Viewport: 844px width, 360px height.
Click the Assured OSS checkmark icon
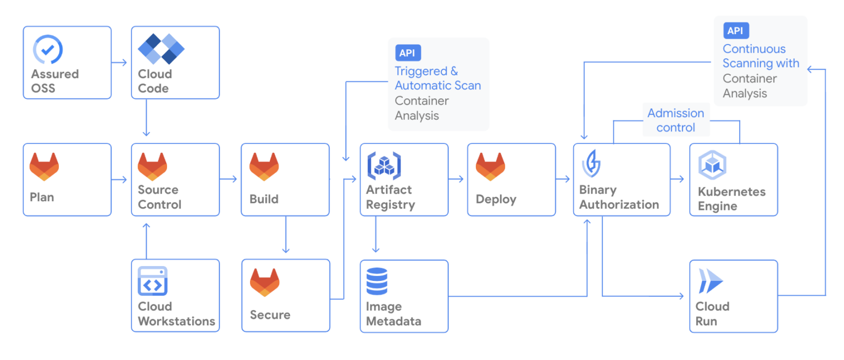click(x=48, y=50)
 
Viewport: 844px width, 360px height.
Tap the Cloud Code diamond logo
click(x=160, y=48)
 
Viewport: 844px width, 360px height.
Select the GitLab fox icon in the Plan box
click(x=44, y=167)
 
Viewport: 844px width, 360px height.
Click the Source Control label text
click(x=159, y=197)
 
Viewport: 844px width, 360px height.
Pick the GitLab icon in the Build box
click(x=264, y=167)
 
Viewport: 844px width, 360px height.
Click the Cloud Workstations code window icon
click(x=153, y=281)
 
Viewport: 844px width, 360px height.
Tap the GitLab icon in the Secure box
click(x=265, y=283)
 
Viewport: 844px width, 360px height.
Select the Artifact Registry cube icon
click(x=384, y=167)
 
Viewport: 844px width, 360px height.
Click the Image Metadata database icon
click(x=377, y=281)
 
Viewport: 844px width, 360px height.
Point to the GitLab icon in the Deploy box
click(x=490, y=167)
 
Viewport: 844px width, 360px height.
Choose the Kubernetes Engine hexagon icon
click(x=713, y=167)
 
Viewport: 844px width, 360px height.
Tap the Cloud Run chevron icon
click(x=710, y=282)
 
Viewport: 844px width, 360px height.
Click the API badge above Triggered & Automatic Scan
click(x=408, y=53)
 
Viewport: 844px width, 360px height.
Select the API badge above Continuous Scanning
click(x=736, y=31)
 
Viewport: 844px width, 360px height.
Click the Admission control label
click(x=676, y=120)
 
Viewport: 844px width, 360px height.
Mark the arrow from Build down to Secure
click(x=285, y=236)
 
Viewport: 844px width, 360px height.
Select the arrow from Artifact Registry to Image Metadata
click(x=375, y=236)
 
